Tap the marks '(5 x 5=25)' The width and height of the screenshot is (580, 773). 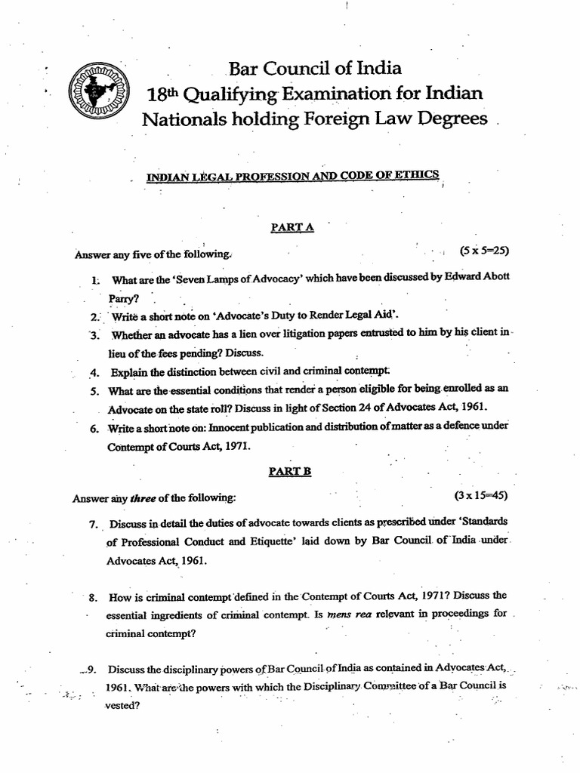(484, 250)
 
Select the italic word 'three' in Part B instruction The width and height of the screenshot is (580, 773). (143, 497)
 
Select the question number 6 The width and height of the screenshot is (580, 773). (94, 428)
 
